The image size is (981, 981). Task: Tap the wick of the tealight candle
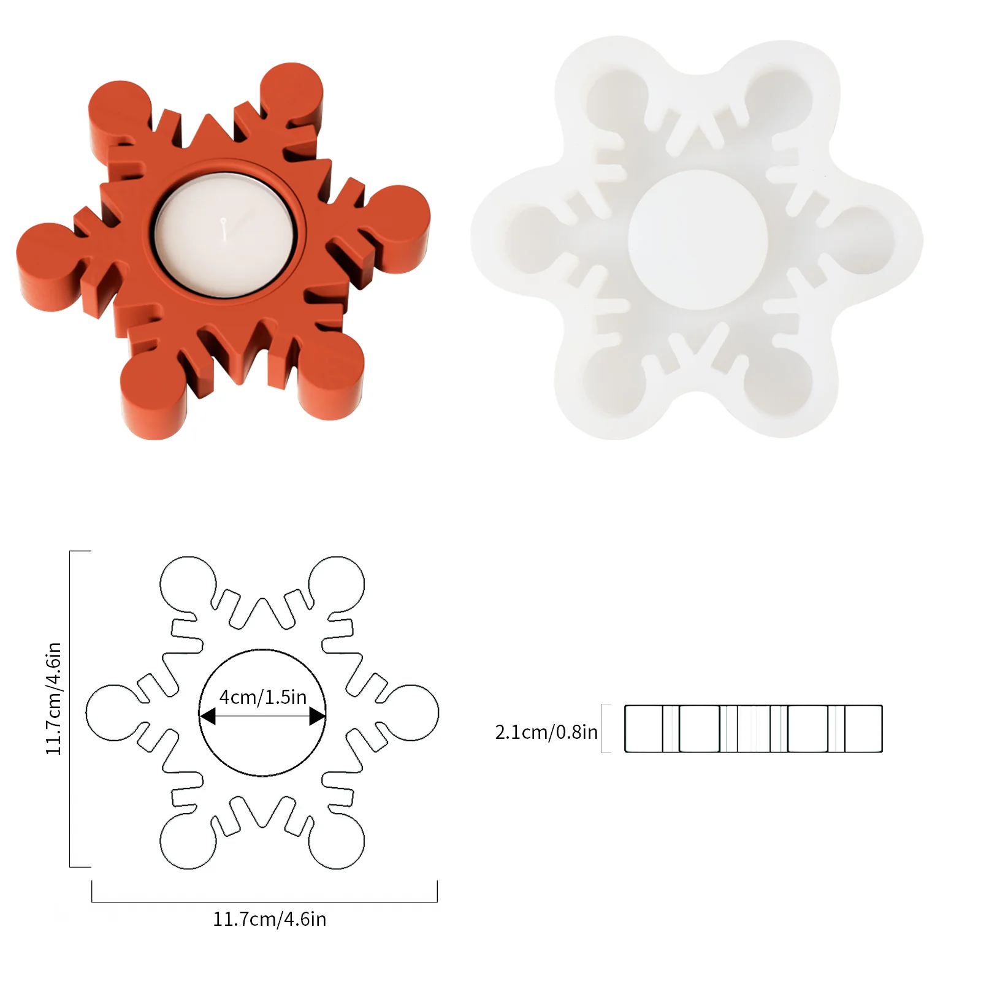226,225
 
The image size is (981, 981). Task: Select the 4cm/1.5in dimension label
262,697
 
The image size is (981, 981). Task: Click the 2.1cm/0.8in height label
546,732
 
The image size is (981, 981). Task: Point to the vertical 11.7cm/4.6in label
54,698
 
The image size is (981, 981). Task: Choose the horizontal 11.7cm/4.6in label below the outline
269,919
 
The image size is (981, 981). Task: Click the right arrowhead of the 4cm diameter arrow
317,716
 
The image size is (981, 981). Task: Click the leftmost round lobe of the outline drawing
112,712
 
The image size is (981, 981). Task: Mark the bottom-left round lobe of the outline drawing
188,841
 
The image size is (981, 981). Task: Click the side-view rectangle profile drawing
753,728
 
